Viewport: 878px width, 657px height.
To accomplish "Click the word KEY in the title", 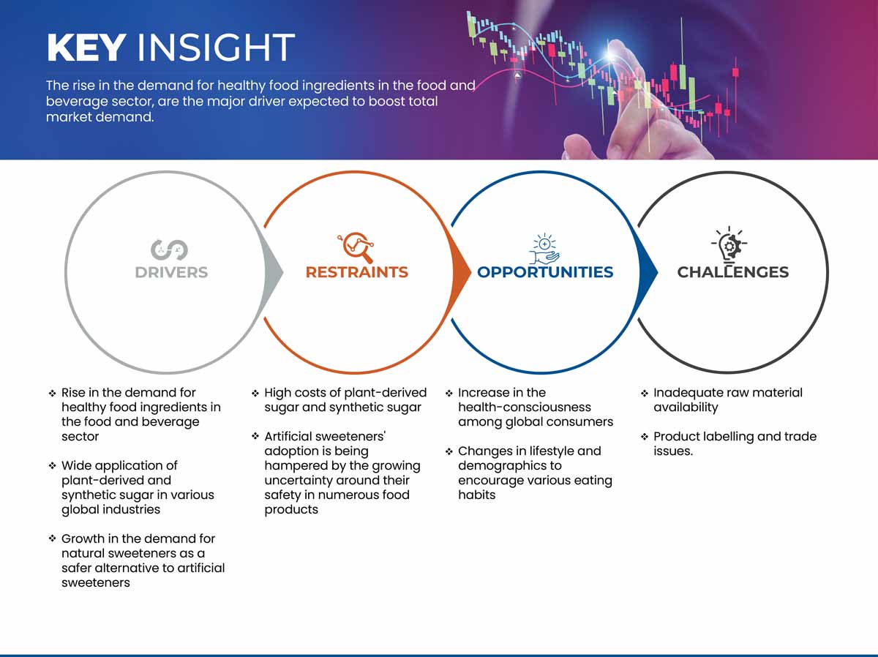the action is (x=86, y=48).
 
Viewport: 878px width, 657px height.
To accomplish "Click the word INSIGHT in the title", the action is (x=216, y=48).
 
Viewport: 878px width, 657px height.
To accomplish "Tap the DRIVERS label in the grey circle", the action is (x=171, y=272).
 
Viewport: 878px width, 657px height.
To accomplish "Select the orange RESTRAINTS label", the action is (x=357, y=272).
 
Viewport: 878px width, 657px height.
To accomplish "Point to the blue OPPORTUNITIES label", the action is (x=545, y=272).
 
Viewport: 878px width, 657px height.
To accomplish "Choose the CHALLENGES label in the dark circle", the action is (x=733, y=272).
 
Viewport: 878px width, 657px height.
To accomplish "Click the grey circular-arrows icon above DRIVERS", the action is (x=169, y=250).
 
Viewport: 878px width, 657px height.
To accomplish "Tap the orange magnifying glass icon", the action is (x=356, y=247).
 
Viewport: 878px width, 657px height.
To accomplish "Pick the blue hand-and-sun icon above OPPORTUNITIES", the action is (x=544, y=249).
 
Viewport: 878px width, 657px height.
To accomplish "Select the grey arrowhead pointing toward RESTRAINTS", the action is (x=273, y=272).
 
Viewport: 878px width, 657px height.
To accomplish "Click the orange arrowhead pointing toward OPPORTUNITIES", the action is (x=461, y=272).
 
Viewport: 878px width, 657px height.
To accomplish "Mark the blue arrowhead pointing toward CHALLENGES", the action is (x=648, y=272).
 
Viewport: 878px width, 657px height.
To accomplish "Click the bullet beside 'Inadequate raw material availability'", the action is (x=645, y=393).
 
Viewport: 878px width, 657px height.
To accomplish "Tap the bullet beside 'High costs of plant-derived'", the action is (x=255, y=393).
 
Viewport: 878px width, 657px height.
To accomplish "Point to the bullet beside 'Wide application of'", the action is (x=53, y=466).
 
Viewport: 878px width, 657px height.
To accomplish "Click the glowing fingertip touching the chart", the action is (x=612, y=54).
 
